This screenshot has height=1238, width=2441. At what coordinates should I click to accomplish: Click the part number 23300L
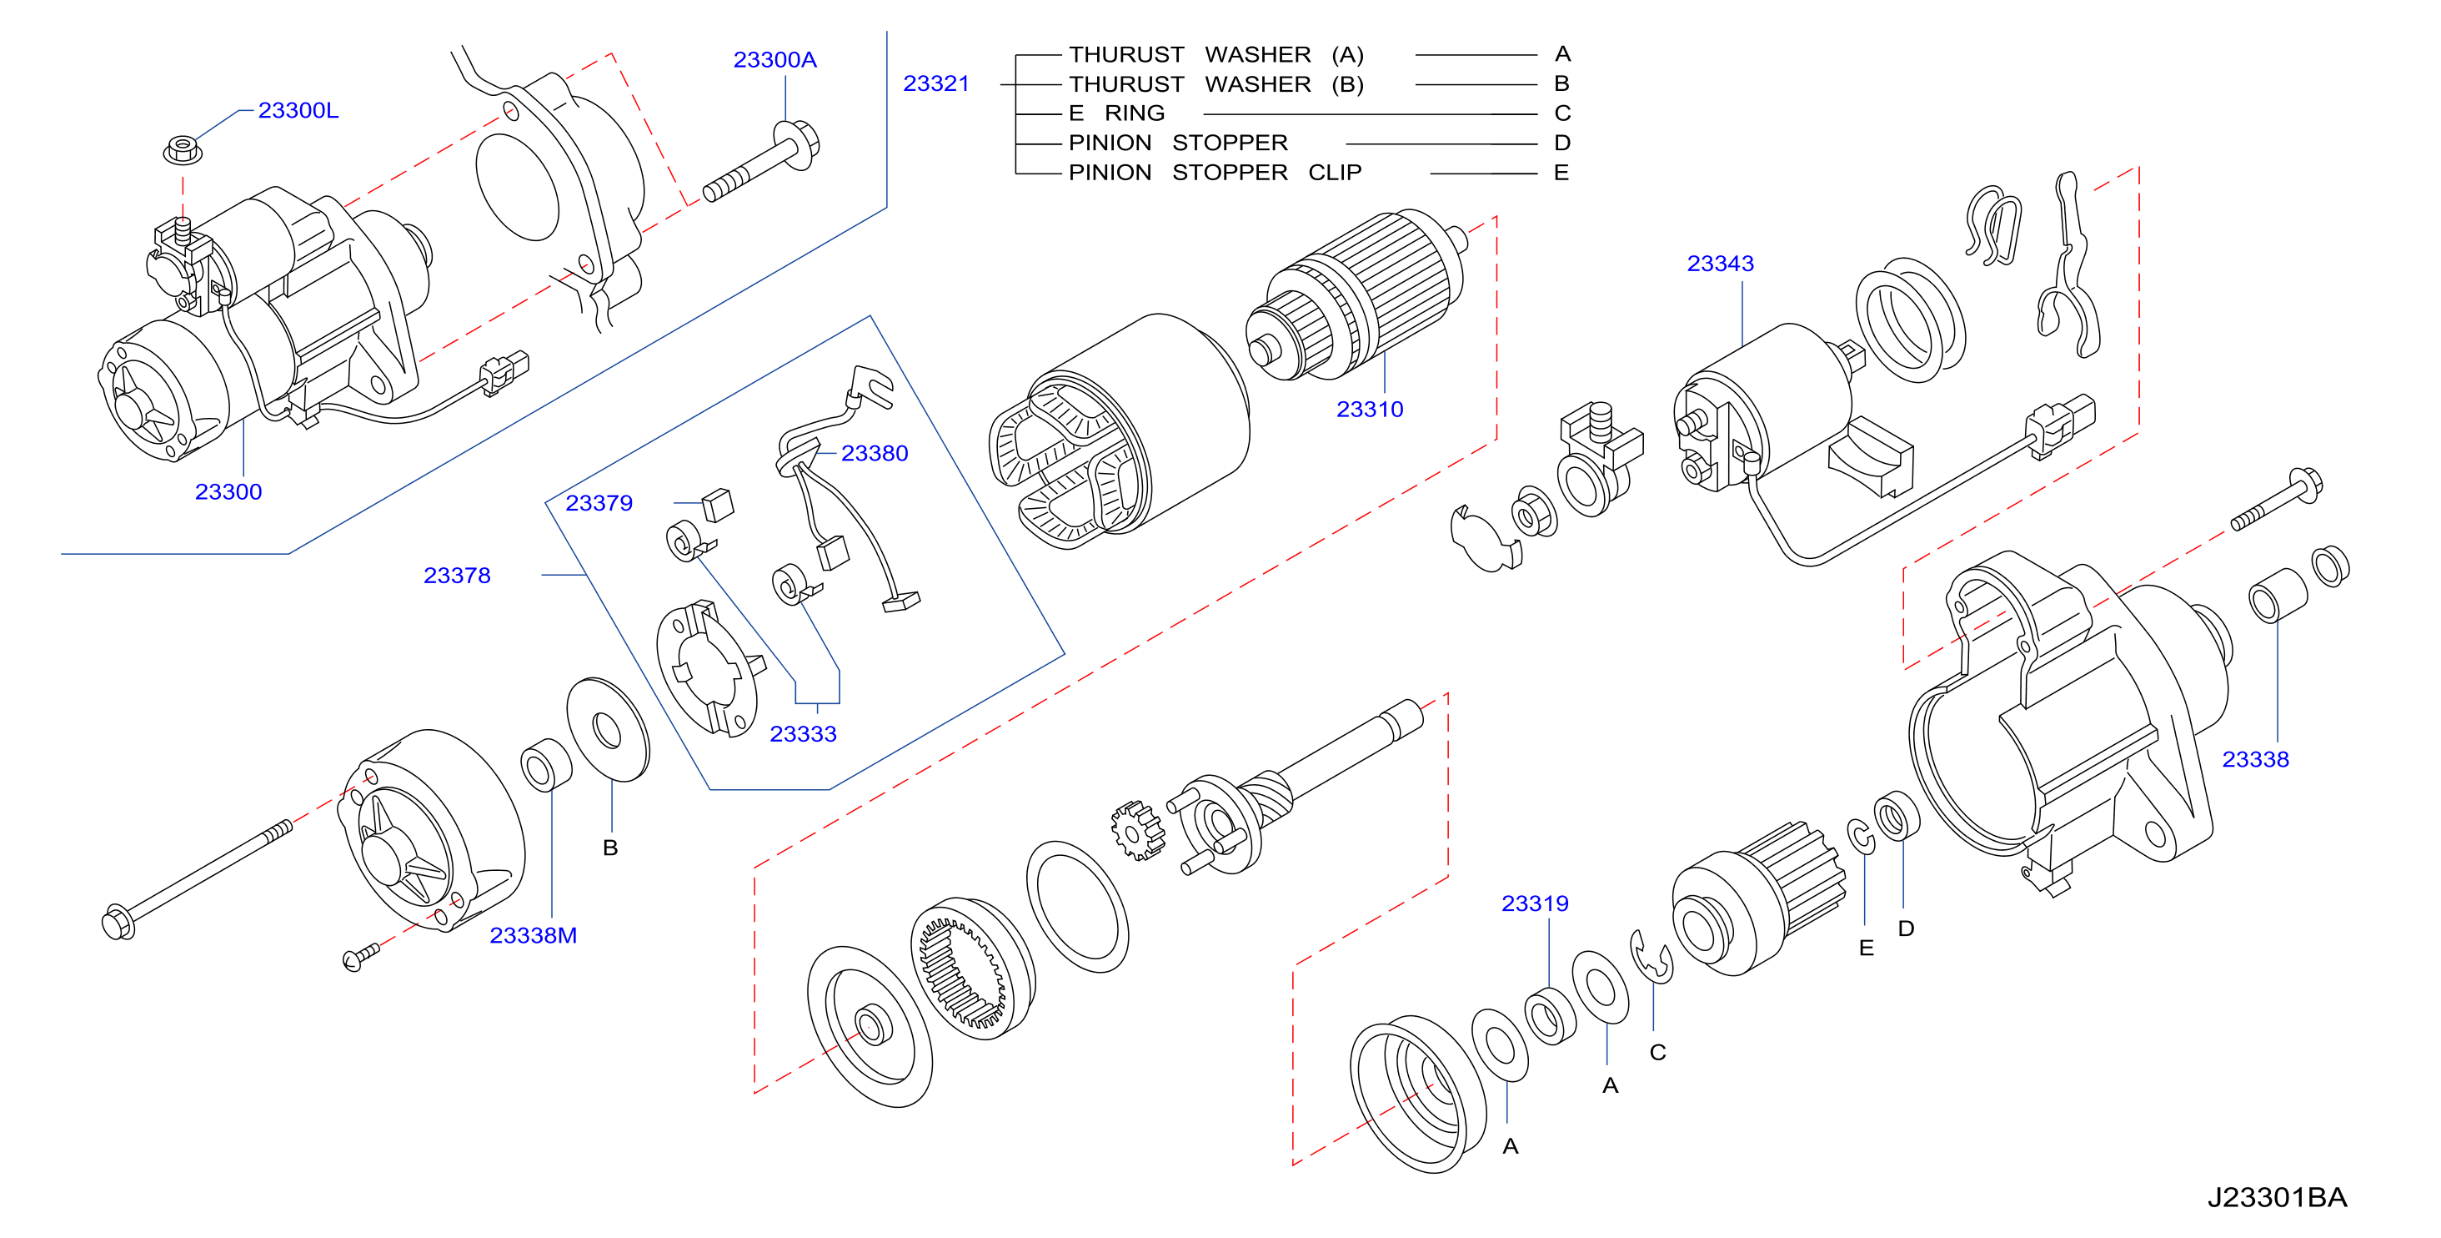[x=298, y=111]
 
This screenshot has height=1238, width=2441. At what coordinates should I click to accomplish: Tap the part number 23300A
[x=774, y=60]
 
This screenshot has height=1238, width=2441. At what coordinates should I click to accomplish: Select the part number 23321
[x=936, y=83]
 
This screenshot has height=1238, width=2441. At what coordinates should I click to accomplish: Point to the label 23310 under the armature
[x=1369, y=410]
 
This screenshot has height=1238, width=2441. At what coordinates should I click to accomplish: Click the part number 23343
[x=1720, y=264]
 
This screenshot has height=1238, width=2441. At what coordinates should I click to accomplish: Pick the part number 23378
[x=457, y=576]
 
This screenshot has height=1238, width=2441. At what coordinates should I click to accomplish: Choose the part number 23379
[x=599, y=503]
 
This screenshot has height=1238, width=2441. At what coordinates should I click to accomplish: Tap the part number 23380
[x=875, y=453]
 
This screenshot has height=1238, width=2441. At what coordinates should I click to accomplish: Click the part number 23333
[x=803, y=733]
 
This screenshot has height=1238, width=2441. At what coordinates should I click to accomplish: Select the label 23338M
[x=533, y=936]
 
